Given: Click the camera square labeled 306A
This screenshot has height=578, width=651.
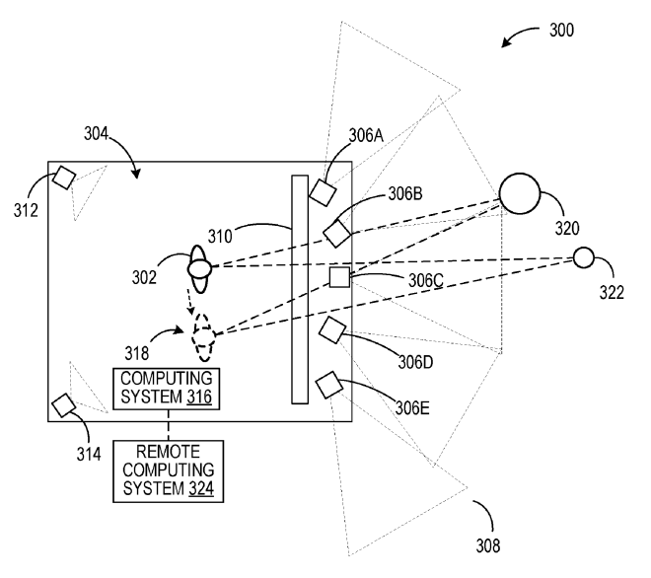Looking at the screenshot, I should (324, 191).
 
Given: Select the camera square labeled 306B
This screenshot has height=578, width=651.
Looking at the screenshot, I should (338, 234).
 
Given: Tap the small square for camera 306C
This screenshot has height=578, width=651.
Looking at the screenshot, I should (340, 277).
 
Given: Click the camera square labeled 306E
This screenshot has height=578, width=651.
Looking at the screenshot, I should (327, 384).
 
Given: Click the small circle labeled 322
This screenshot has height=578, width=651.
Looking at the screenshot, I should (583, 257).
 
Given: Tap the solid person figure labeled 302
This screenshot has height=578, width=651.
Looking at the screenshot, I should (200, 266).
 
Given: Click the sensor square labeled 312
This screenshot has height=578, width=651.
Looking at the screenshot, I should (64, 178).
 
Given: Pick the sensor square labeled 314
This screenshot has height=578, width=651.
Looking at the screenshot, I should (64, 405).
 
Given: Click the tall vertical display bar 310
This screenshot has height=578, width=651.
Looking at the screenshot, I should (300, 289).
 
